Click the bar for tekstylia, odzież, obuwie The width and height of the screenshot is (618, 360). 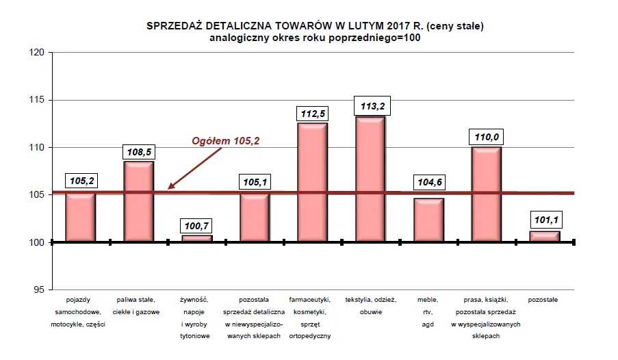click(x=370, y=179)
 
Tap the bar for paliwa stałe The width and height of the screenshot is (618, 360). click(x=138, y=201)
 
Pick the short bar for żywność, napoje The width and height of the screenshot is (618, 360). click(x=196, y=238)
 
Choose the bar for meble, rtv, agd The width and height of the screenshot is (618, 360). click(x=428, y=220)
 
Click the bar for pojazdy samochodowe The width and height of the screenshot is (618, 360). click(x=80, y=217)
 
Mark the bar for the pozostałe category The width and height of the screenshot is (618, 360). click(x=545, y=236)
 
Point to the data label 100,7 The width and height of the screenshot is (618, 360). click(x=196, y=224)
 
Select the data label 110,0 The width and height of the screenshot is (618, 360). click(x=487, y=136)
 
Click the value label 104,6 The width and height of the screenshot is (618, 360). click(x=428, y=183)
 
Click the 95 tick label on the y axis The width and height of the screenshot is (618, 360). click(x=38, y=290)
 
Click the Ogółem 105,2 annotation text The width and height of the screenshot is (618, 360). click(x=226, y=141)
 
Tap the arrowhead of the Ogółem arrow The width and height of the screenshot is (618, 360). click(x=172, y=185)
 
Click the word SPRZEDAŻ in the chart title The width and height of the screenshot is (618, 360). click(x=174, y=26)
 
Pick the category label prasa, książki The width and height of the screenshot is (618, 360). click(x=487, y=300)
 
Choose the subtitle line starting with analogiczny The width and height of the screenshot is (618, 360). click(x=315, y=38)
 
